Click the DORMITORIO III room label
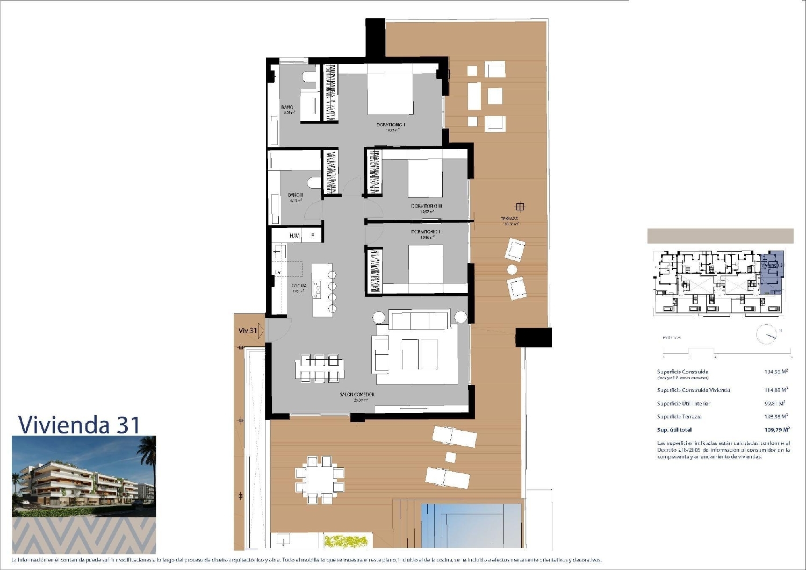pos(426,206)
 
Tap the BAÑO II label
pos(295,195)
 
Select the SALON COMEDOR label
pos(357,395)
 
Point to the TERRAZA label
pos(509,219)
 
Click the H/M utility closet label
pos(295,236)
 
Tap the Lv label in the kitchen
pos(278,273)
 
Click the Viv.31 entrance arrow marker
pos(261,330)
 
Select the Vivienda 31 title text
pos(79,424)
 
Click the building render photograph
pos(84,476)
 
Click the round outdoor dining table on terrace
pos(319,480)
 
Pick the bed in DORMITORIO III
pos(425,179)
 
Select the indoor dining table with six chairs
pos(319,368)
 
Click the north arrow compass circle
pos(766,334)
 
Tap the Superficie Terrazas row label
pos(679,417)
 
